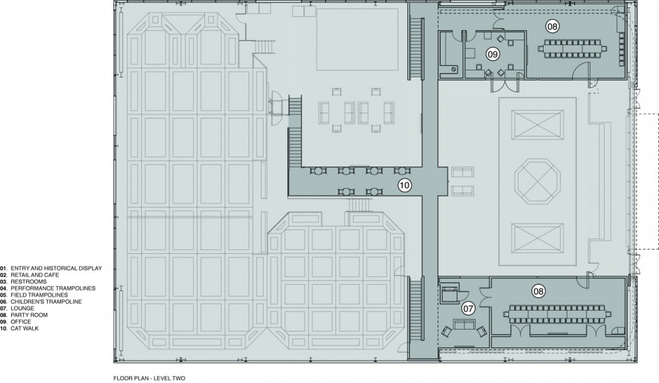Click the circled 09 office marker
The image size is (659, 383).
click(492, 54)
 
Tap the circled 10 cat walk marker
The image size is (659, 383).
click(405, 185)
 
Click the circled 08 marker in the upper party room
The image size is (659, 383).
click(552, 26)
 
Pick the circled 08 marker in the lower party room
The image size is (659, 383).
click(538, 291)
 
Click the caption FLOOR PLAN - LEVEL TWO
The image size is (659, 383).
click(149, 378)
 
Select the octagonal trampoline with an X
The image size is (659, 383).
click(538, 181)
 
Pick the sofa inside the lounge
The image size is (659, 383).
click(463, 324)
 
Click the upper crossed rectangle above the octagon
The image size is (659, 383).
click(538, 124)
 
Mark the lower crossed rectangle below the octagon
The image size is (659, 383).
click(538, 238)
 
